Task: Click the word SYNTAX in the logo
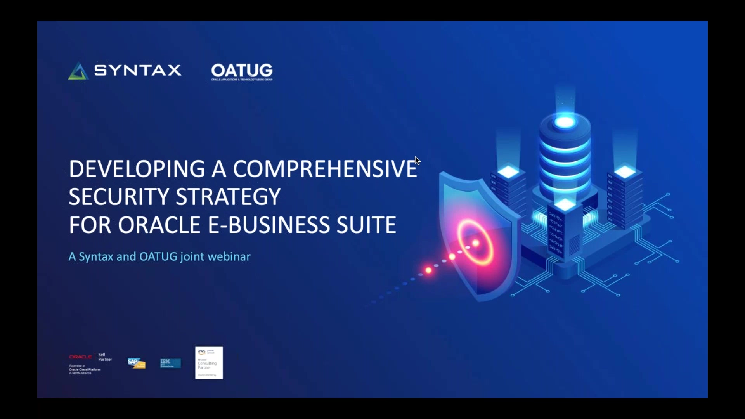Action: (138, 71)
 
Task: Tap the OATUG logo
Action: (242, 71)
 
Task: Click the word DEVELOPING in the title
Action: (137, 169)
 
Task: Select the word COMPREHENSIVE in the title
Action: (325, 169)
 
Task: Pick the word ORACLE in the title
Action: (159, 225)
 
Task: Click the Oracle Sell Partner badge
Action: (90, 363)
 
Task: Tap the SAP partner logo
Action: (136, 363)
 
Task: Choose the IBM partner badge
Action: (170, 363)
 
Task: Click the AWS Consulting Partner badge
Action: (209, 363)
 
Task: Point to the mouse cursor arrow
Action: (417, 160)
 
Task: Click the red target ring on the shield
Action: (475, 243)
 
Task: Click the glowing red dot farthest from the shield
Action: (428, 270)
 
